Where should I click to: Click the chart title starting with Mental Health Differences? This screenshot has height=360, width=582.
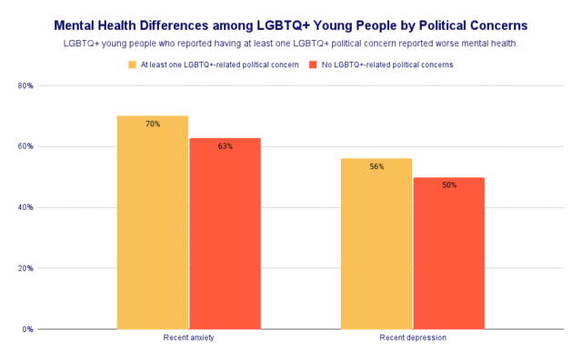point(291,25)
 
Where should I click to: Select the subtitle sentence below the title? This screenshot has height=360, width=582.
point(291,44)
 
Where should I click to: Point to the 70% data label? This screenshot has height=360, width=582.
point(153,124)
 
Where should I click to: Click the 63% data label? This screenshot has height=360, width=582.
point(225,145)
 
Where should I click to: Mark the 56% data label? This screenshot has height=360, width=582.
point(376,166)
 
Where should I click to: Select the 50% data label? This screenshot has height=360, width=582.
point(448,185)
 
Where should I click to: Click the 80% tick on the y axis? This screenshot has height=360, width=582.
point(26,85)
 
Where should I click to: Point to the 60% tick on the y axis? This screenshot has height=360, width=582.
point(26,146)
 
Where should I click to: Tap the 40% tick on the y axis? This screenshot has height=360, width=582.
point(26,207)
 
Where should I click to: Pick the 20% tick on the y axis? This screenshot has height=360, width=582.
point(26,268)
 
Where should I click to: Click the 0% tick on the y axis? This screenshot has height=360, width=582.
point(28,329)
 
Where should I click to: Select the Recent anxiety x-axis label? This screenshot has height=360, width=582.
point(188,338)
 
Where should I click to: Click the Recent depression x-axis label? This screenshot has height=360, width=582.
point(413,338)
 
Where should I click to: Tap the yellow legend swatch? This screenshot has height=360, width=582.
point(132,65)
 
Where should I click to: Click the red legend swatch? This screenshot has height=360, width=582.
point(314,65)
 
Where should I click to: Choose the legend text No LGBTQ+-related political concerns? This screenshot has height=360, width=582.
point(386,65)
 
